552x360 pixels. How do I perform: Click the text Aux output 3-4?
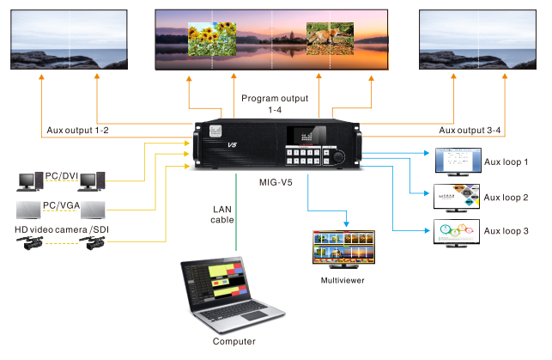point(470,131)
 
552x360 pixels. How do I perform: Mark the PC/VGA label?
point(61,205)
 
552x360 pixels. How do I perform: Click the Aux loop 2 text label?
point(507,198)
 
